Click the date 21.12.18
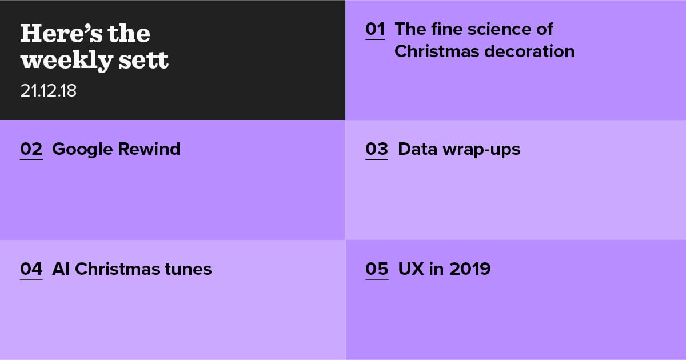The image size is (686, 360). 49,91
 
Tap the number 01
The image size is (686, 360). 375,29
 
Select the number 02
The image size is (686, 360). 31,149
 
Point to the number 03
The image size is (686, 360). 377,149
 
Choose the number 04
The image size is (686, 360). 31,269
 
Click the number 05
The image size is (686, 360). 377,269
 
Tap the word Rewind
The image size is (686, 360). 149,149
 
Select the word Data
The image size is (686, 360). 418,149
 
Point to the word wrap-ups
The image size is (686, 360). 482,150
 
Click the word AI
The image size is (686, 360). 61,269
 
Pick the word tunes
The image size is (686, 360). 188,269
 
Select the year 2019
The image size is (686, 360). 470,269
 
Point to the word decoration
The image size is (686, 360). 529,51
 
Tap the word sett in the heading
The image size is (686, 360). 143,60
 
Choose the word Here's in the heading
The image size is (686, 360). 61,33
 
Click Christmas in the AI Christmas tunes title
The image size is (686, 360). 117,269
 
